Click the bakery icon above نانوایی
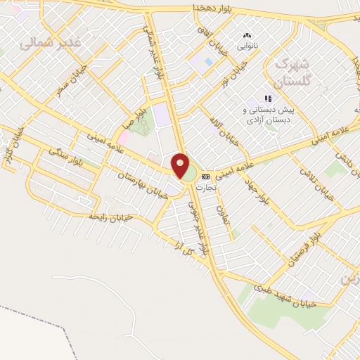(x=247, y=35)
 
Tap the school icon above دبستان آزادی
(x=267, y=98)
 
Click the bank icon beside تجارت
(x=205, y=176)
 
